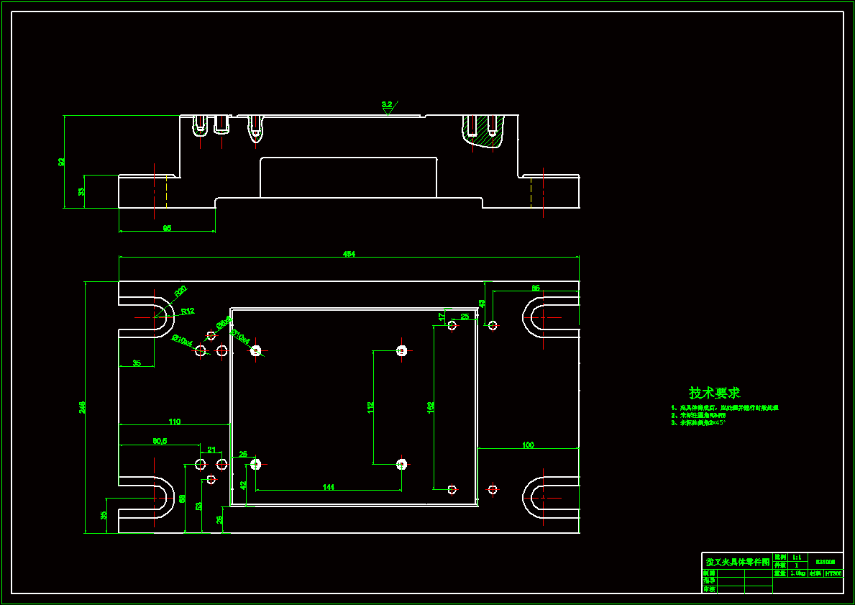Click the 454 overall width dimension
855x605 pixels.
click(349, 254)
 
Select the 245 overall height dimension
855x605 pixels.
click(82, 407)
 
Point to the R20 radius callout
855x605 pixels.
click(180, 291)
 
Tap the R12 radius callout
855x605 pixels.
click(188, 311)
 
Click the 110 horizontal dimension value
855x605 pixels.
click(174, 421)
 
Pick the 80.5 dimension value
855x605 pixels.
click(160, 441)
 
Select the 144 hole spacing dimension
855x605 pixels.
click(328, 487)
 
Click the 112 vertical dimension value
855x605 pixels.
click(370, 407)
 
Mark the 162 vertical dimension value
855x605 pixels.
click(431, 407)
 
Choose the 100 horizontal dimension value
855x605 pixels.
click(528, 445)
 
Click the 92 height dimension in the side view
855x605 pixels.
click(61, 162)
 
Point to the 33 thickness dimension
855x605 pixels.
click(81, 191)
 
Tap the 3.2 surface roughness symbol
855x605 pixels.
click(387, 105)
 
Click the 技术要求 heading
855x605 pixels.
click(714, 393)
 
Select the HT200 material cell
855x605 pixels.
click(833, 574)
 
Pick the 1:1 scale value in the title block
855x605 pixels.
click(796, 557)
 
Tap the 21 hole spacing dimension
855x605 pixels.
click(211, 450)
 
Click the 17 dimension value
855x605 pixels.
click(442, 316)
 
